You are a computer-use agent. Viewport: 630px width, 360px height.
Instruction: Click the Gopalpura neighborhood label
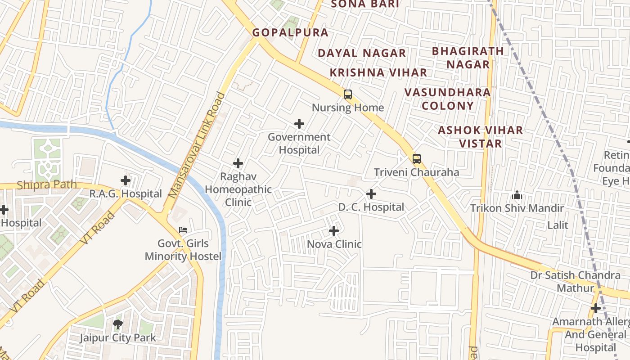coord(290,33)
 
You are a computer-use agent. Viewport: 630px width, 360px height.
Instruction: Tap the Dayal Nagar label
coord(362,53)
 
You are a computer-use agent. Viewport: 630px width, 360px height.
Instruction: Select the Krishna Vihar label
coord(378,72)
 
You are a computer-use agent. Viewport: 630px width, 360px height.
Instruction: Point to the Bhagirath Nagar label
coord(468,58)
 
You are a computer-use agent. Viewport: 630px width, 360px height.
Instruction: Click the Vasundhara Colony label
coord(447,99)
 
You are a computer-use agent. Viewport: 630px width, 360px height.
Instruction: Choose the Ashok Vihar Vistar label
coord(481,137)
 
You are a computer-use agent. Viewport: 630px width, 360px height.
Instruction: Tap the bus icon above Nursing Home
coord(348,94)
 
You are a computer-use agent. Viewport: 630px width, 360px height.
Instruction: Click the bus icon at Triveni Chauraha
coord(417,158)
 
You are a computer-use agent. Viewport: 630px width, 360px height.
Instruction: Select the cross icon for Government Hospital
coord(299,124)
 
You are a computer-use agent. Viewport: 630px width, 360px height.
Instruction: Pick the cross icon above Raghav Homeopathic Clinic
coord(238,163)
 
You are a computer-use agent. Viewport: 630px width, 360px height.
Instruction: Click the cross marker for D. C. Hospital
coord(371,194)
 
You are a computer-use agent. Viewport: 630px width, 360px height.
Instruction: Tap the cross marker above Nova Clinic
coord(334,231)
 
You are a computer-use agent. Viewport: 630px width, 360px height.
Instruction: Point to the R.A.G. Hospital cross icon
coord(126,181)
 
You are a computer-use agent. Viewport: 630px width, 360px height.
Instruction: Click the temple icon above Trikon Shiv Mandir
coord(517,195)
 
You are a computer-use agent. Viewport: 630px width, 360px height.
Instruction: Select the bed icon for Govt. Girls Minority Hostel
coord(183,230)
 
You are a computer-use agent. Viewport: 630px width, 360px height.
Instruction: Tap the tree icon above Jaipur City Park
coord(118,324)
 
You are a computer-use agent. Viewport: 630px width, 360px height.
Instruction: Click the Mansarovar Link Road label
coord(196,145)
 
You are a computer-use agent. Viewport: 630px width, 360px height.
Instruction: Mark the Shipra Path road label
coord(47,185)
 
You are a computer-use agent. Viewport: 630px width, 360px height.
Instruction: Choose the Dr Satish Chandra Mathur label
coord(576,281)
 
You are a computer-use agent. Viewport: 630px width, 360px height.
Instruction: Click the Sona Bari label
coord(365,4)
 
